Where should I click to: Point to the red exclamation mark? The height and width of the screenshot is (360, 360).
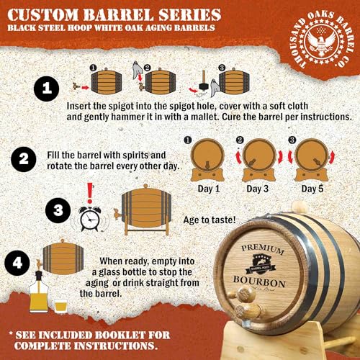pos(89,192)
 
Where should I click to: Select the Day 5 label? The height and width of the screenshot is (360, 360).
pos(312,189)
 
